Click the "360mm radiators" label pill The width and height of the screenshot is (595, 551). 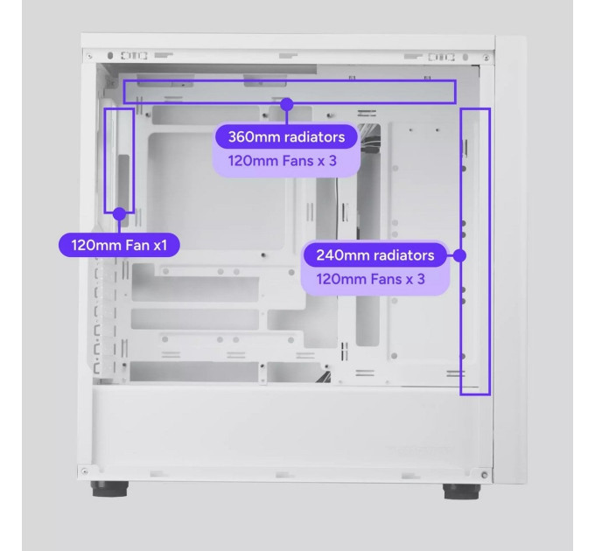point(286,137)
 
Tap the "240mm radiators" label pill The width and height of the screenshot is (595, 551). point(374,255)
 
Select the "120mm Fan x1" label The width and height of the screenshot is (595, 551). point(119,245)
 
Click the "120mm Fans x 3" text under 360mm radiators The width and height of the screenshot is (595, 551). point(283,161)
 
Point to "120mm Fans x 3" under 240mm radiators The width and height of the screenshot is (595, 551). point(370,279)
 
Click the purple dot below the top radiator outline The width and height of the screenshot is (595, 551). point(287,104)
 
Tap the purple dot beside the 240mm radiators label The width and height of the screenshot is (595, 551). point(459,255)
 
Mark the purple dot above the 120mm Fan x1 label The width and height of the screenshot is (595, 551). point(120,214)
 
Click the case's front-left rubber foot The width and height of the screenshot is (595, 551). point(109,488)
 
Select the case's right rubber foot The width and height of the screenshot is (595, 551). point(461,491)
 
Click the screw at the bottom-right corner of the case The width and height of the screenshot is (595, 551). point(484,475)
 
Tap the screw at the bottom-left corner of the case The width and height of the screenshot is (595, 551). point(85,471)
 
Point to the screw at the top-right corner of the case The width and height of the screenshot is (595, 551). point(486,58)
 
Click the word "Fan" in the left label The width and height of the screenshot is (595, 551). point(137,246)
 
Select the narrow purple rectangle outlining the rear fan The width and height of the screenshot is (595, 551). point(105,160)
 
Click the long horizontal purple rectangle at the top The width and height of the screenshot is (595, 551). point(289,80)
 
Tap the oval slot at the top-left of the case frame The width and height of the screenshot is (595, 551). point(110,56)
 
